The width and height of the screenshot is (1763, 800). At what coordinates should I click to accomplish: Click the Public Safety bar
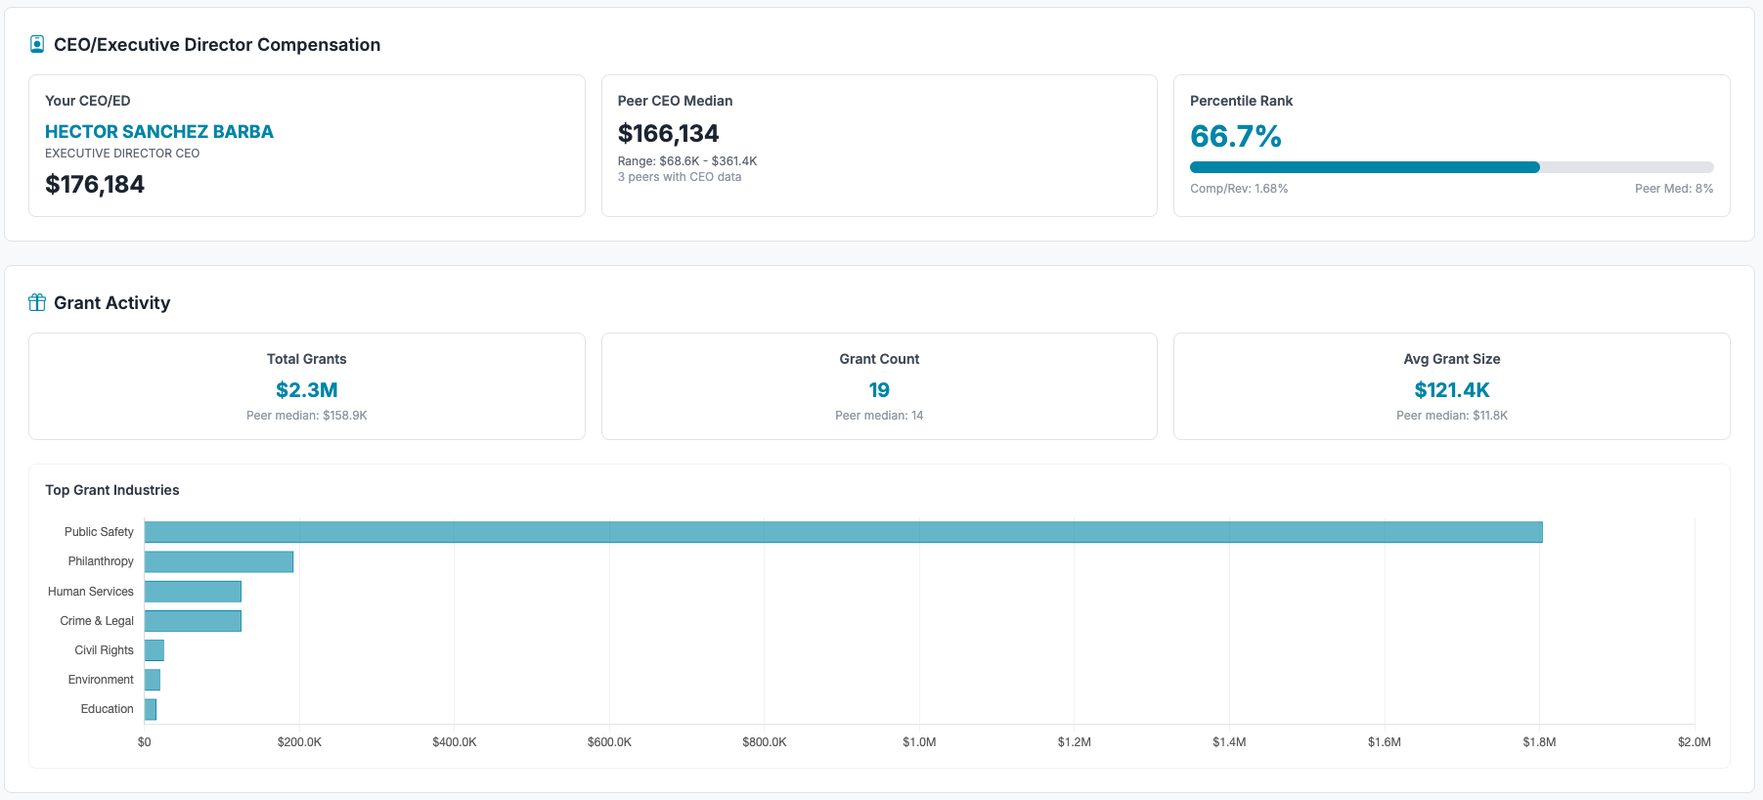[x=843, y=532]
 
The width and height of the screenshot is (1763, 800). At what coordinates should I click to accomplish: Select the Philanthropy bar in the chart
[x=219, y=561]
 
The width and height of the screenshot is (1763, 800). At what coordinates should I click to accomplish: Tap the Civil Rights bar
[x=154, y=650]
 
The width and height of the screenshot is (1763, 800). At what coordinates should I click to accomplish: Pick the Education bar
[x=151, y=709]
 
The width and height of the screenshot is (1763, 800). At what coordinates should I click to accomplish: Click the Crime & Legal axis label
[x=97, y=621]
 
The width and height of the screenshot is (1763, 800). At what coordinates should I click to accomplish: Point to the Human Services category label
[x=91, y=592]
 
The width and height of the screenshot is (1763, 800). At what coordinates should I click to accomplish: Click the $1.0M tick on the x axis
[x=919, y=742]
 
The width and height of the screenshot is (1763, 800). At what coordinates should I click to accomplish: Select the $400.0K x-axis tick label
[x=455, y=742]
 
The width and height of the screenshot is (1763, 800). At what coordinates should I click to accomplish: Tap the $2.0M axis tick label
[x=1694, y=742]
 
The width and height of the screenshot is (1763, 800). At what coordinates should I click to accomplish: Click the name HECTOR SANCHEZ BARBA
[x=159, y=132]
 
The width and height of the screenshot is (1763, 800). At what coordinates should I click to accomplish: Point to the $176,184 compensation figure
[x=95, y=185]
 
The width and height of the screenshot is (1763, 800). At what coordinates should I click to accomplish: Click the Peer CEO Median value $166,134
[x=668, y=134]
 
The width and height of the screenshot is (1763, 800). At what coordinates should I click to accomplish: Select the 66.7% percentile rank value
[x=1235, y=137]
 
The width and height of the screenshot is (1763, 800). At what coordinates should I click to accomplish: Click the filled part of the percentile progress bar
[x=1364, y=167]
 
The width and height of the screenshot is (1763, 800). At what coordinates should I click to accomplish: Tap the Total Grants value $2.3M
[x=307, y=390]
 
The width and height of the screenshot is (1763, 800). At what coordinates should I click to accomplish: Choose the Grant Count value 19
[x=879, y=390]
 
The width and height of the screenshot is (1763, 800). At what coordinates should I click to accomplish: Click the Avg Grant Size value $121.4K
[x=1451, y=390]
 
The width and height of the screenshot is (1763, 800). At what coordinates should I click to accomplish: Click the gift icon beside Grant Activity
[x=37, y=302]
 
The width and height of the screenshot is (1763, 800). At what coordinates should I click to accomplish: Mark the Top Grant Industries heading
[x=112, y=490]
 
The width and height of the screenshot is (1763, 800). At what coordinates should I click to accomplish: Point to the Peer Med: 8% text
[x=1673, y=189]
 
